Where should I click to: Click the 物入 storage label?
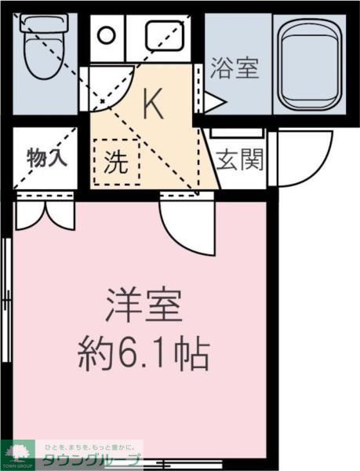pyautogui.click(x=47, y=155)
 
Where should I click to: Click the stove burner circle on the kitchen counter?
pyautogui.click(x=106, y=35)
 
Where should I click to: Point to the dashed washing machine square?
pyautogui.click(x=116, y=162)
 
